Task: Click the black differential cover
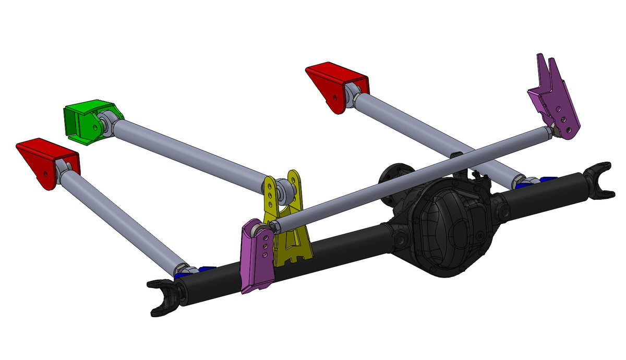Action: pyautogui.click(x=449, y=230)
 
